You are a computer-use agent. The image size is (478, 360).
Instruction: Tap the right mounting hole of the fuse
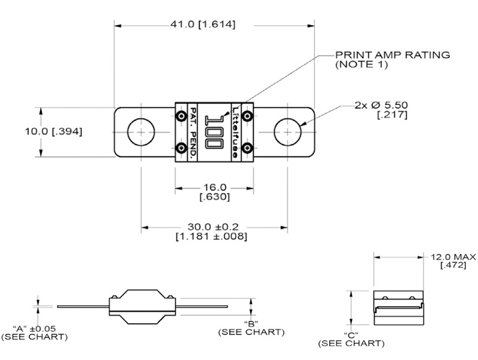287,131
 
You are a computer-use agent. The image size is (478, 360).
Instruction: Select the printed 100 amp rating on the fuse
215,131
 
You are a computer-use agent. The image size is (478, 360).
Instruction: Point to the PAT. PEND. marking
193,131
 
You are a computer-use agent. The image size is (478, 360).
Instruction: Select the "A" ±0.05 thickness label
34,333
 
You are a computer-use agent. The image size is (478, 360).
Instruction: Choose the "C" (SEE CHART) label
351,339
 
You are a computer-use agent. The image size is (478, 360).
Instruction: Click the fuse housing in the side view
142,306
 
